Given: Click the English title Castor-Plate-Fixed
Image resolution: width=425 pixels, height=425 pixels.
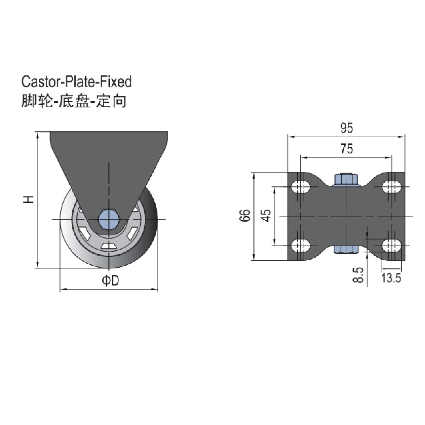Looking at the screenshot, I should click(76, 82).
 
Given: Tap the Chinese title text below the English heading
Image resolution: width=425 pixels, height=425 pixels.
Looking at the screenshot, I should click(74, 101).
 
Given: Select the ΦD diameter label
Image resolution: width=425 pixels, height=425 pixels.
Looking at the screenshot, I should click(110, 281).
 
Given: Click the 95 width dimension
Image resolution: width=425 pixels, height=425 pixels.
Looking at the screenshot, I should click(346, 128).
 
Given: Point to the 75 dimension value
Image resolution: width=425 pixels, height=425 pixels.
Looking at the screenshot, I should click(346, 149).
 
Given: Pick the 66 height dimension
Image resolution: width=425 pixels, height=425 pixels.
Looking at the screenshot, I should click(244, 216).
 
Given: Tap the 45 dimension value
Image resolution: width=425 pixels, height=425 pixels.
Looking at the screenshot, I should click(266, 215).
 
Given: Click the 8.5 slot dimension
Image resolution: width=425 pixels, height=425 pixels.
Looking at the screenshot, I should click(358, 275).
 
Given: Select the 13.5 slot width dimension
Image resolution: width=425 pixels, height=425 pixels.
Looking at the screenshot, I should click(392, 278).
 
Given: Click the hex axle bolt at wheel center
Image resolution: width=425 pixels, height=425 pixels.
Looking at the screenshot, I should click(109, 219).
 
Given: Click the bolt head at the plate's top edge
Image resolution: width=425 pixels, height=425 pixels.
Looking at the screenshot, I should click(346, 179).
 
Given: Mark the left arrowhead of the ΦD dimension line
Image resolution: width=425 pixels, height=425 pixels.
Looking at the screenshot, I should click(62, 290).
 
